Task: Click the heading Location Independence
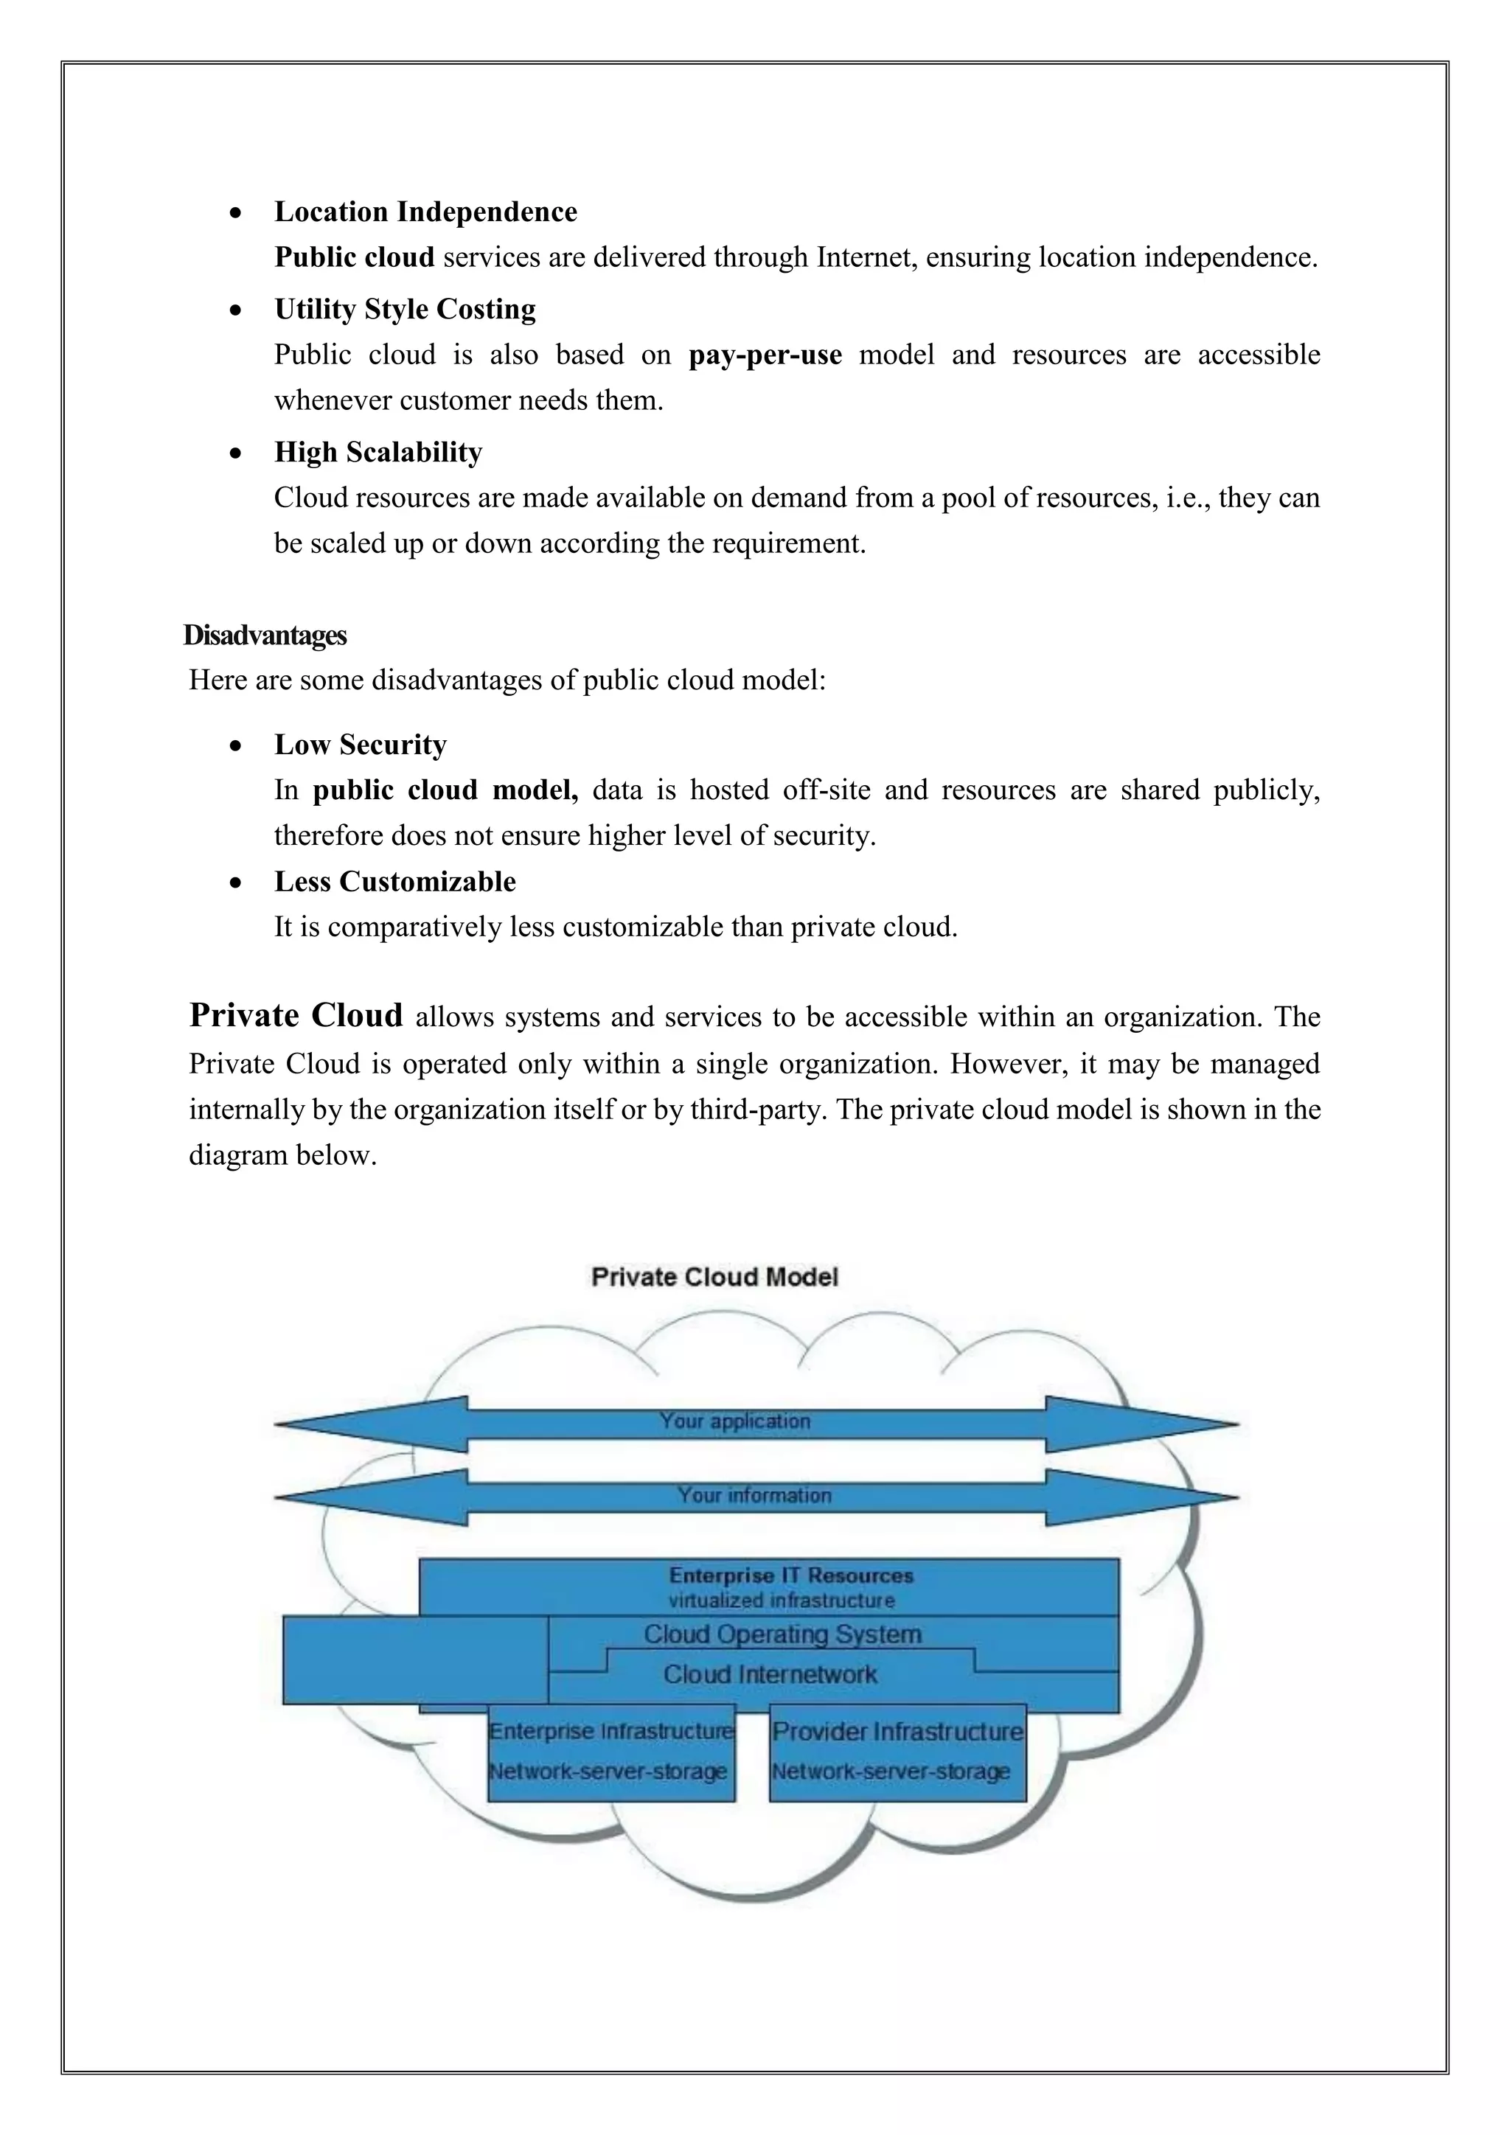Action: [425, 212]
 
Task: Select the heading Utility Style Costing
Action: [405, 309]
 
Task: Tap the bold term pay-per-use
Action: [765, 355]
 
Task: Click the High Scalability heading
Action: [377, 452]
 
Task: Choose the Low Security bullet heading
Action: [360, 744]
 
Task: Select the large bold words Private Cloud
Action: [296, 1014]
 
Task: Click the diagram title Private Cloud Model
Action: [714, 1277]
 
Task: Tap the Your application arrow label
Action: [734, 1421]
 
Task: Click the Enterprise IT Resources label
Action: [791, 1575]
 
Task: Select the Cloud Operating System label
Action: [782, 1634]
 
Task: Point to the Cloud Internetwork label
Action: [770, 1673]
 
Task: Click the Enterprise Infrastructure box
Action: [611, 1751]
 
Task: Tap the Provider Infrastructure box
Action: [897, 1751]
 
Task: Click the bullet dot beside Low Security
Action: [237, 746]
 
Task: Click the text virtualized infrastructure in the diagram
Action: [781, 1601]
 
